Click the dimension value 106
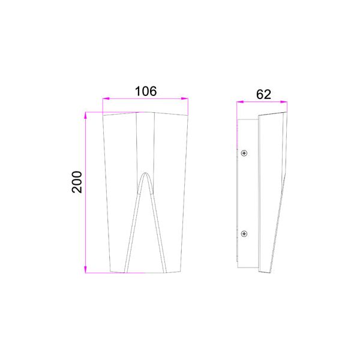145,91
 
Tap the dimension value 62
263,94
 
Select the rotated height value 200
77,181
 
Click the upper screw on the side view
244,153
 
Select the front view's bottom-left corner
112,272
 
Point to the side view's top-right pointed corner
286,112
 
